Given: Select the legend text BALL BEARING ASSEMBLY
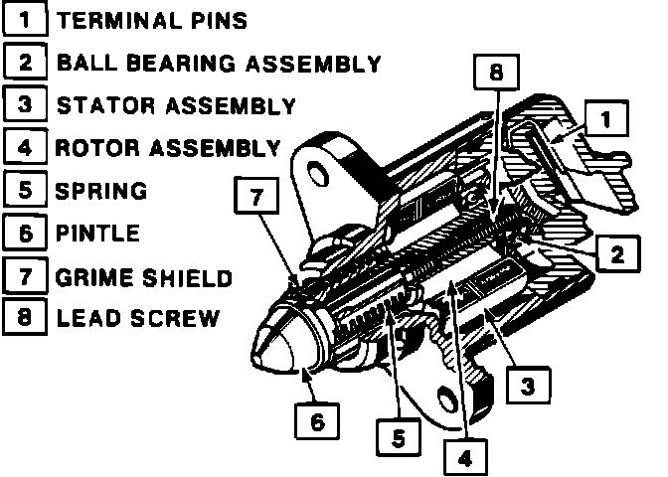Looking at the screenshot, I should [x=219, y=64].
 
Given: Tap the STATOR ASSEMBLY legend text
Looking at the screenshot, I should [x=176, y=105].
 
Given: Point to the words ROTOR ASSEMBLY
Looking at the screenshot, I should [x=167, y=149].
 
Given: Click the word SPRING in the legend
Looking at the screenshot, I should [x=101, y=191].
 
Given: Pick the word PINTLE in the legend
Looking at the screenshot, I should [x=97, y=235].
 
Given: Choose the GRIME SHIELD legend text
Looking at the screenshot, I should [x=144, y=277].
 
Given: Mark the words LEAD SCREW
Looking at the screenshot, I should [x=137, y=320].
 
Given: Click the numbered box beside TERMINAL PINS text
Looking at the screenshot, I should [x=24, y=20].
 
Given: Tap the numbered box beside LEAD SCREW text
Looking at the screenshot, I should [x=24, y=319].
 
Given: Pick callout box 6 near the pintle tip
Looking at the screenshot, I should [x=316, y=422].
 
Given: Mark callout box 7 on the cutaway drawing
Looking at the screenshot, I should [x=256, y=198].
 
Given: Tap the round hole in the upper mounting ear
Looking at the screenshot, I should [x=320, y=176].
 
